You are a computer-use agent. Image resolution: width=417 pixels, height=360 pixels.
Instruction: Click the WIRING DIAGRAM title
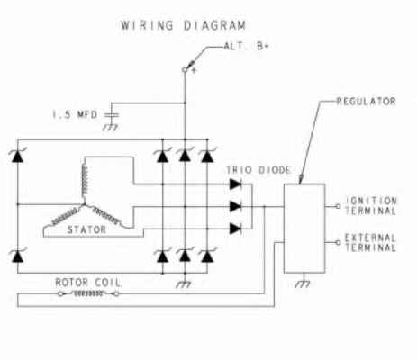pos(183,25)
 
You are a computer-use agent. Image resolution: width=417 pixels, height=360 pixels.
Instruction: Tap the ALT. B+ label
pos(247,46)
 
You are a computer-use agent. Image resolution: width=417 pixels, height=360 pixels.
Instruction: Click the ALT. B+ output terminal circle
pos(185,70)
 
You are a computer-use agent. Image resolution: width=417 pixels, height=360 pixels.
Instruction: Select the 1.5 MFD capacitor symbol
pos(112,115)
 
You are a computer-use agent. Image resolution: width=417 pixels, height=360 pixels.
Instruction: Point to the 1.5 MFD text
pos(75,114)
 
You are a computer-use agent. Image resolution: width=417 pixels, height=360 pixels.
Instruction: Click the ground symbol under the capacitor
pos(110,128)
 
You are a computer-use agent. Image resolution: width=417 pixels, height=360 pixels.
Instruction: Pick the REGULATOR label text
pos(367,102)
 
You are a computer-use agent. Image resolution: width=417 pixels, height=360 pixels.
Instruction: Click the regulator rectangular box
pos(304,229)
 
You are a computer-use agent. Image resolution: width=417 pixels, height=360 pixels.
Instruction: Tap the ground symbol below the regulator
pos(303,283)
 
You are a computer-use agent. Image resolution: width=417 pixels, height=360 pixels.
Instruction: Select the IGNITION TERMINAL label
pos(371,205)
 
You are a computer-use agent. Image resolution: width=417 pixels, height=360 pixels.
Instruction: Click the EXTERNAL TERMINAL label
pos(370,243)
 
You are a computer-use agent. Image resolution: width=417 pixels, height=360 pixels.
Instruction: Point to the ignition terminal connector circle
pos(339,206)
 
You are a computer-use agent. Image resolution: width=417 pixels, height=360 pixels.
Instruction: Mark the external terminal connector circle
pos(339,242)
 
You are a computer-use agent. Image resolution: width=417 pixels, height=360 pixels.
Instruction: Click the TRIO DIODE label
pos(258,170)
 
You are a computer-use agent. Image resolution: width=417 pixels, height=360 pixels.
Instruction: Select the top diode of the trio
pos(236,184)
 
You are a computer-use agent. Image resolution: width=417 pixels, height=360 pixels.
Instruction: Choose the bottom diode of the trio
pos(236,229)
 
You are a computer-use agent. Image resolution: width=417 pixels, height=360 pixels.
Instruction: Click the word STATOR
pos(86,229)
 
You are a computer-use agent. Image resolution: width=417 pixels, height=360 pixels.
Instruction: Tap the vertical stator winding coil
pos(85,180)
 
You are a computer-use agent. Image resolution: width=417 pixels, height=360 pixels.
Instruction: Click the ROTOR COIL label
pos(88,283)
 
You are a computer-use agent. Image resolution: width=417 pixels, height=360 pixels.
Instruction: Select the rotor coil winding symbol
pos(88,293)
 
